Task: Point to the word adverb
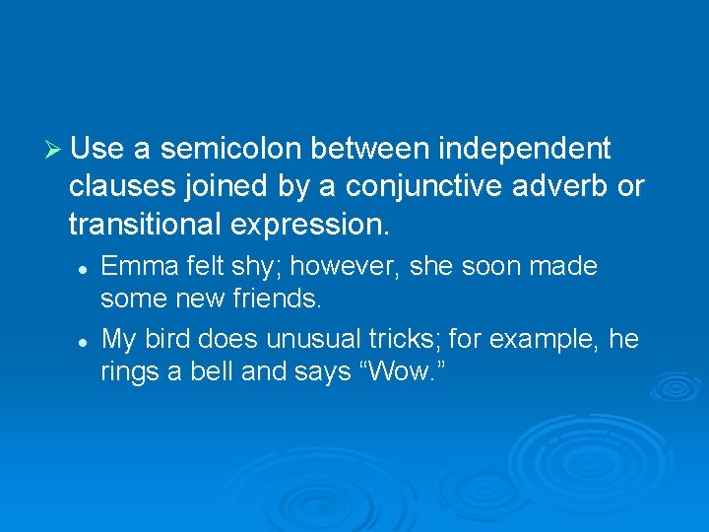570,186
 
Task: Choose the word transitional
145,224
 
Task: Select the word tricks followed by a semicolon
407,340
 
